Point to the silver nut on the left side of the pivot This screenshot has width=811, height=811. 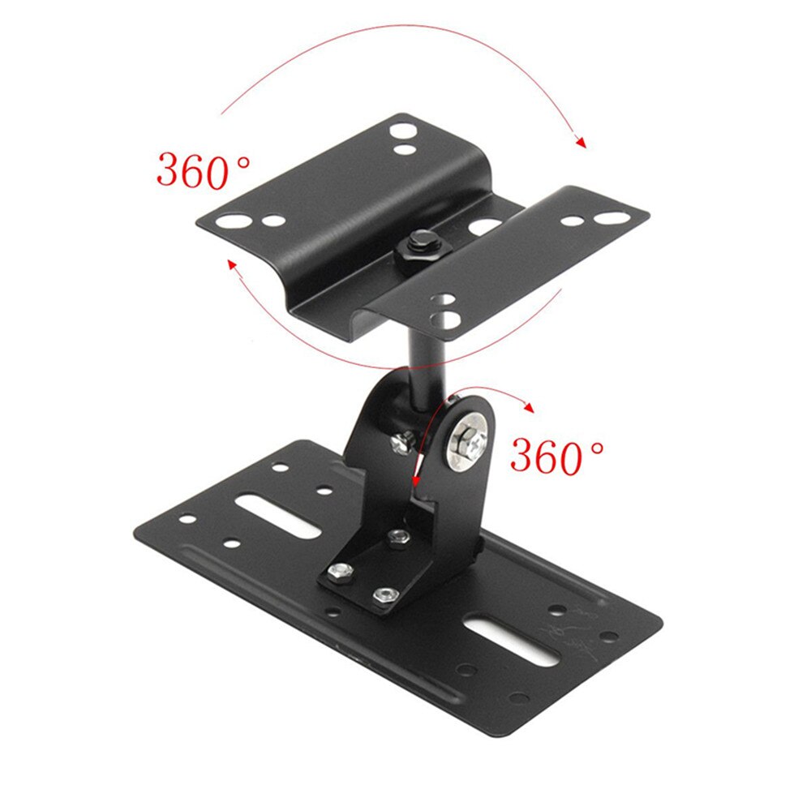coord(401,442)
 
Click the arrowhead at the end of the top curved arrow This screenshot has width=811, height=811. coord(580,143)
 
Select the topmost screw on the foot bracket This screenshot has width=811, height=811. coord(398,536)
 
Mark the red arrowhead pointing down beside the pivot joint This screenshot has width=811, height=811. coord(416,485)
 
